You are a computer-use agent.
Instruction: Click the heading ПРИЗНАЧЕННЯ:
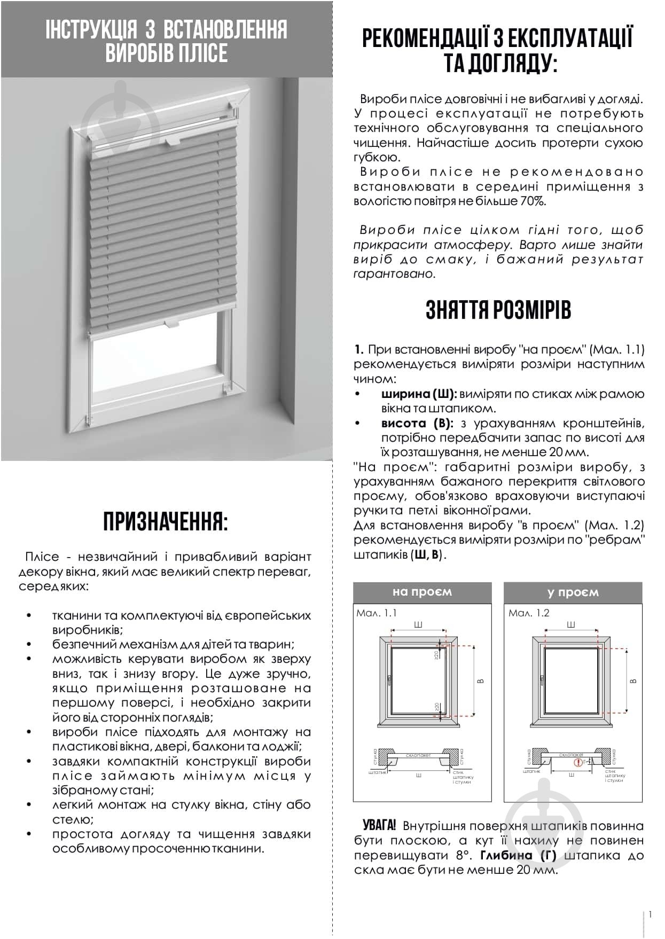click(x=166, y=521)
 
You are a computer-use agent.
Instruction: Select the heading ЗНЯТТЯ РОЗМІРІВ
click(x=498, y=310)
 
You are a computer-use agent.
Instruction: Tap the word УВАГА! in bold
click(x=379, y=825)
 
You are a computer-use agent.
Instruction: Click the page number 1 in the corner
click(x=650, y=914)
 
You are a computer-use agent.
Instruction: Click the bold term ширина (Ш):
click(x=418, y=394)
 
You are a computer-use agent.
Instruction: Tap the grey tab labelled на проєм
click(x=422, y=592)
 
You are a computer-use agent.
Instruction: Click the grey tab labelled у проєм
click(x=573, y=592)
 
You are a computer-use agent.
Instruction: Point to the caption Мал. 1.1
click(x=377, y=613)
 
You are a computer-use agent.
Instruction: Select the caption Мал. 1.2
click(x=529, y=613)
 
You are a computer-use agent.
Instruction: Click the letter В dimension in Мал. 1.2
click(x=633, y=681)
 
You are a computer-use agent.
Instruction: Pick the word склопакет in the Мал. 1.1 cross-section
click(x=418, y=755)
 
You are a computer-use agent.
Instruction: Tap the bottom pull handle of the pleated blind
click(x=172, y=323)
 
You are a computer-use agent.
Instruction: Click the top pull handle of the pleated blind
click(x=172, y=142)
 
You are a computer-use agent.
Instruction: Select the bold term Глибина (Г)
click(x=518, y=855)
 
